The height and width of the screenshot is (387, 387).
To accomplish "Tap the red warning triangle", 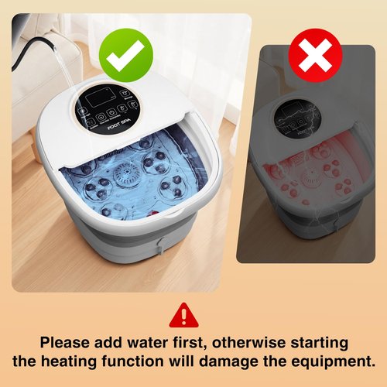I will [x=183, y=315].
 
